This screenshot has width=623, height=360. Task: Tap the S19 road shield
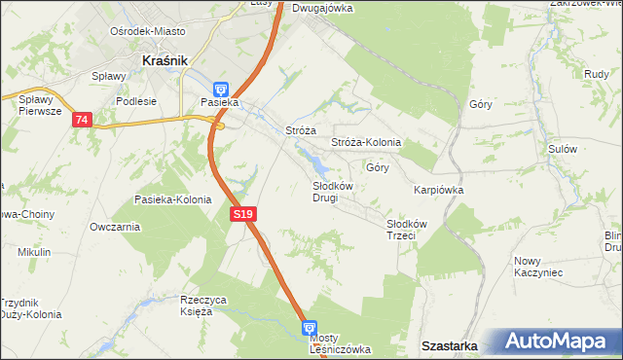click(x=243, y=214)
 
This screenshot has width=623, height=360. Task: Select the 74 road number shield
click(x=82, y=119)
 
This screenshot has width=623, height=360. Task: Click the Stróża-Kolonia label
click(x=366, y=142)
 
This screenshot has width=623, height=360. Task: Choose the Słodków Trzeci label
click(x=401, y=229)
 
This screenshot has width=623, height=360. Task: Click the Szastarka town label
click(x=449, y=345)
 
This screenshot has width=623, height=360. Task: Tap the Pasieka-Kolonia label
click(x=172, y=199)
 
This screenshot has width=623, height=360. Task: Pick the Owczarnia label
click(x=114, y=227)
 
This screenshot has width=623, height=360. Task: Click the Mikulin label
click(x=33, y=252)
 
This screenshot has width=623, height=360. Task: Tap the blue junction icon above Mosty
click(x=310, y=329)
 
